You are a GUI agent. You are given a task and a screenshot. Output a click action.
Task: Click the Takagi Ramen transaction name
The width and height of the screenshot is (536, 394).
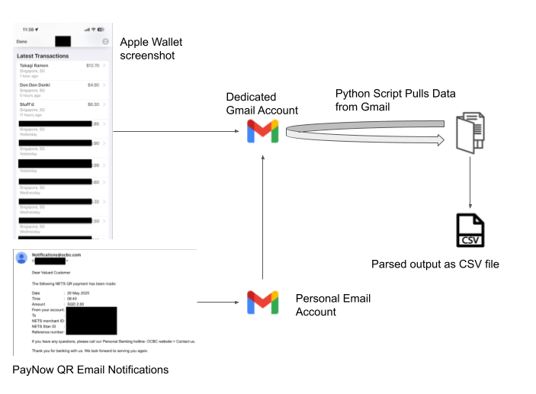coord(34,66)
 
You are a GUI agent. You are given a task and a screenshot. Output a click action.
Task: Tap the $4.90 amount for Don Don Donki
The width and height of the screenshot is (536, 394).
coord(94,85)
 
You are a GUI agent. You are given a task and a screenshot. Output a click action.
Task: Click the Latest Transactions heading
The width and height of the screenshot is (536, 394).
coord(43,56)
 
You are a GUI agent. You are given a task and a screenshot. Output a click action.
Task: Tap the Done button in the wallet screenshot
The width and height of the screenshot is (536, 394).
coord(21,41)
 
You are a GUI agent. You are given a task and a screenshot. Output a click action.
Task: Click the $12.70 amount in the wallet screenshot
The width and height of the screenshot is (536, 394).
coord(93,66)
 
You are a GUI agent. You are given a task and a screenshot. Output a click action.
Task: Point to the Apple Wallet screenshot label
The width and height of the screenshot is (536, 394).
coord(152,48)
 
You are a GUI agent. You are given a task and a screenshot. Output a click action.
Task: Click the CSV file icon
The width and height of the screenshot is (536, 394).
coord(468,232)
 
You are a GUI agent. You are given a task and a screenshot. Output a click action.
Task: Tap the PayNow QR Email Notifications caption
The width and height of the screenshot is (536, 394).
coord(90,370)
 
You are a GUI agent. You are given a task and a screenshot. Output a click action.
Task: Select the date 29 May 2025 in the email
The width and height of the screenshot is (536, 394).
coord(77,292)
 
